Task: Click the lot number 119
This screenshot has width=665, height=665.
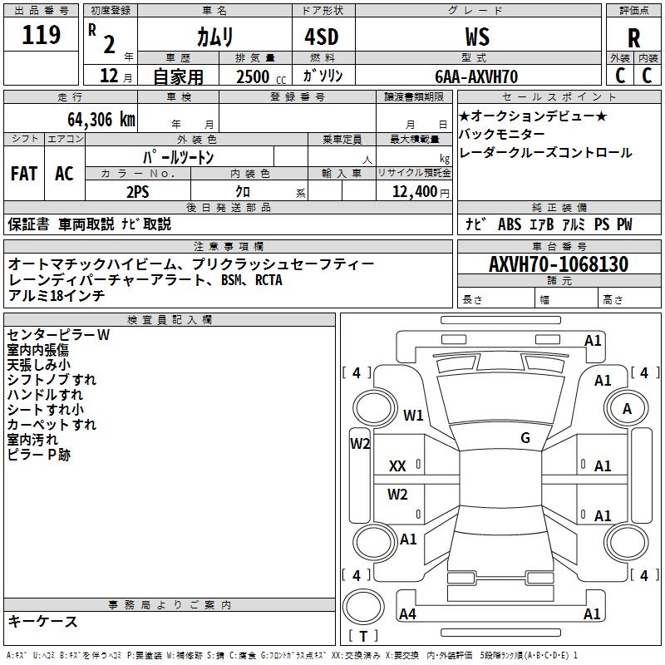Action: click(42, 35)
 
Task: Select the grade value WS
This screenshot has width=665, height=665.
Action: click(477, 37)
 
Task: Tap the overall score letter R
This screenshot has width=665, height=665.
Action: click(633, 38)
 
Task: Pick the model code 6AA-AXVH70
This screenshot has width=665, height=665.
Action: click(476, 76)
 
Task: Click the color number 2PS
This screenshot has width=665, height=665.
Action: click(137, 191)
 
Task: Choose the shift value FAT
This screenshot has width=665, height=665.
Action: click(23, 174)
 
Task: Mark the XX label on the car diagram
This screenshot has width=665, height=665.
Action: click(397, 466)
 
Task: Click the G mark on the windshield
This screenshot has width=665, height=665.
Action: click(525, 437)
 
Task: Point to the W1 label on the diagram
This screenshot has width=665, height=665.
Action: click(413, 415)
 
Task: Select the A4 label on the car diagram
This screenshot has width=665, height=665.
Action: click(407, 613)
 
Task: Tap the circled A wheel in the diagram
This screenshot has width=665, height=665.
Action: click(627, 408)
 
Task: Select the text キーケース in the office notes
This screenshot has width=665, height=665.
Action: click(42, 621)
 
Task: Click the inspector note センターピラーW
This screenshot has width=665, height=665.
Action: click(58, 335)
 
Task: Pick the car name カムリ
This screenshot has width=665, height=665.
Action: click(214, 37)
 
